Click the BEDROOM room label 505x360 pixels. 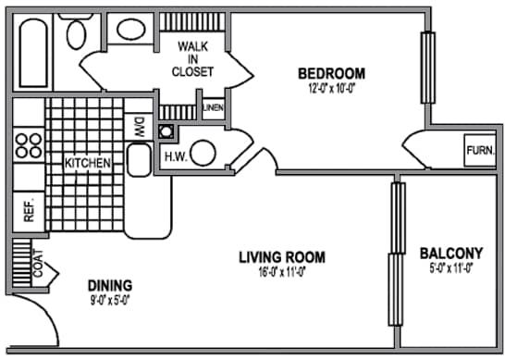(x=330, y=73)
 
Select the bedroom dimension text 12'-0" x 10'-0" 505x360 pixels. (x=330, y=90)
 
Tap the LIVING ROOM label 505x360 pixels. (x=281, y=257)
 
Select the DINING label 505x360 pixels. (x=110, y=285)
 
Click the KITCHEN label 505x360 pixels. (x=88, y=164)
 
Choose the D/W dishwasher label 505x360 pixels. (x=140, y=125)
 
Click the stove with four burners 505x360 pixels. (x=29, y=145)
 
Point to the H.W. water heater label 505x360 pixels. (x=175, y=155)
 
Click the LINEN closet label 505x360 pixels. (x=214, y=108)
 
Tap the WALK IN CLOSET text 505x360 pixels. (x=195, y=58)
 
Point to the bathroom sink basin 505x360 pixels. (x=129, y=29)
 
